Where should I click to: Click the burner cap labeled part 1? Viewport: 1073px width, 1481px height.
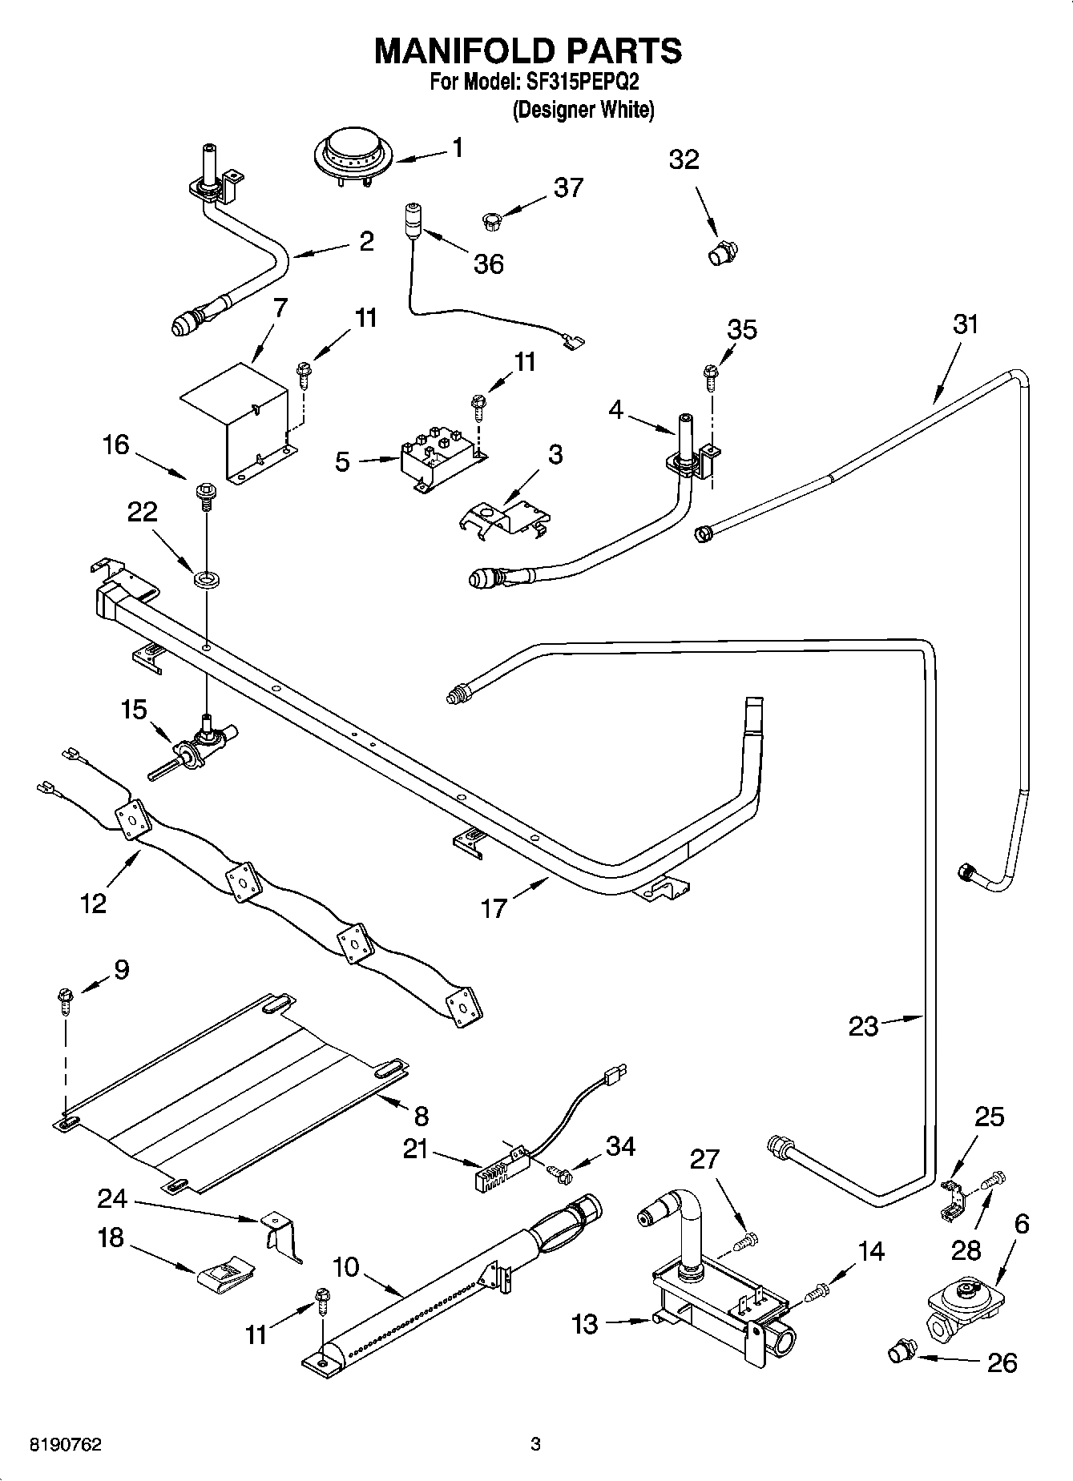point(353,153)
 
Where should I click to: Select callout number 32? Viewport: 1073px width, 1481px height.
point(684,159)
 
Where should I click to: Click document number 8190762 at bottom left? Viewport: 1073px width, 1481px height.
point(66,1444)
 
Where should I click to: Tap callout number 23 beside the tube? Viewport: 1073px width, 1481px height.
point(863,1026)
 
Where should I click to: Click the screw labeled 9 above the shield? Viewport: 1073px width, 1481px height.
point(64,1000)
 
